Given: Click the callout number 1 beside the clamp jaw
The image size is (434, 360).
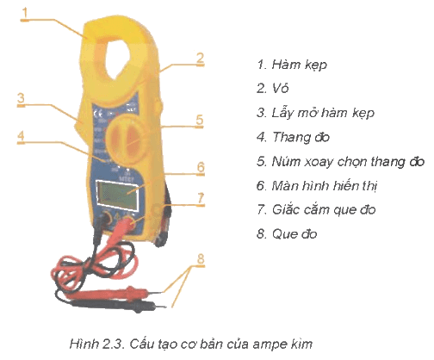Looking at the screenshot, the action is coord(25,12).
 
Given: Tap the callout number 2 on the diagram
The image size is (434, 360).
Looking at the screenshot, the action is coord(201,58).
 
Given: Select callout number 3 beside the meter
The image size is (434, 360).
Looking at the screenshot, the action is coord(21,98).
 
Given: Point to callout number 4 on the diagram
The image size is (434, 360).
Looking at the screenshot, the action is coord(21,136).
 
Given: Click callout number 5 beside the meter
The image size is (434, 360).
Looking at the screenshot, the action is coord(200,120).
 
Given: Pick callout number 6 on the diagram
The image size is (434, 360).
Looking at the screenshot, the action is coord(201,167).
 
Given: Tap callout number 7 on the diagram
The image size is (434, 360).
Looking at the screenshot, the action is coord(201,198).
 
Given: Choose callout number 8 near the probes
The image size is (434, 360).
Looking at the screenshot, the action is coord(201,258).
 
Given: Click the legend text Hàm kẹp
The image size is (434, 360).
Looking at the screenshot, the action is coord(300,65).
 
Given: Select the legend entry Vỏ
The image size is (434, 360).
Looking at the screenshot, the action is coord(280,88).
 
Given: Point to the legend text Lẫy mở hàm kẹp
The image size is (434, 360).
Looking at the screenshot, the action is coord(323,113).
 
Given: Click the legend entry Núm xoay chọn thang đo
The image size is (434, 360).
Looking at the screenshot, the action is coord(348,162).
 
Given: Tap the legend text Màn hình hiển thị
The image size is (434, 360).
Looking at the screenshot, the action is coord(325,186).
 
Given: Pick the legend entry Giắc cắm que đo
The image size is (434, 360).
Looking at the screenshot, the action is coord(324,209).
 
